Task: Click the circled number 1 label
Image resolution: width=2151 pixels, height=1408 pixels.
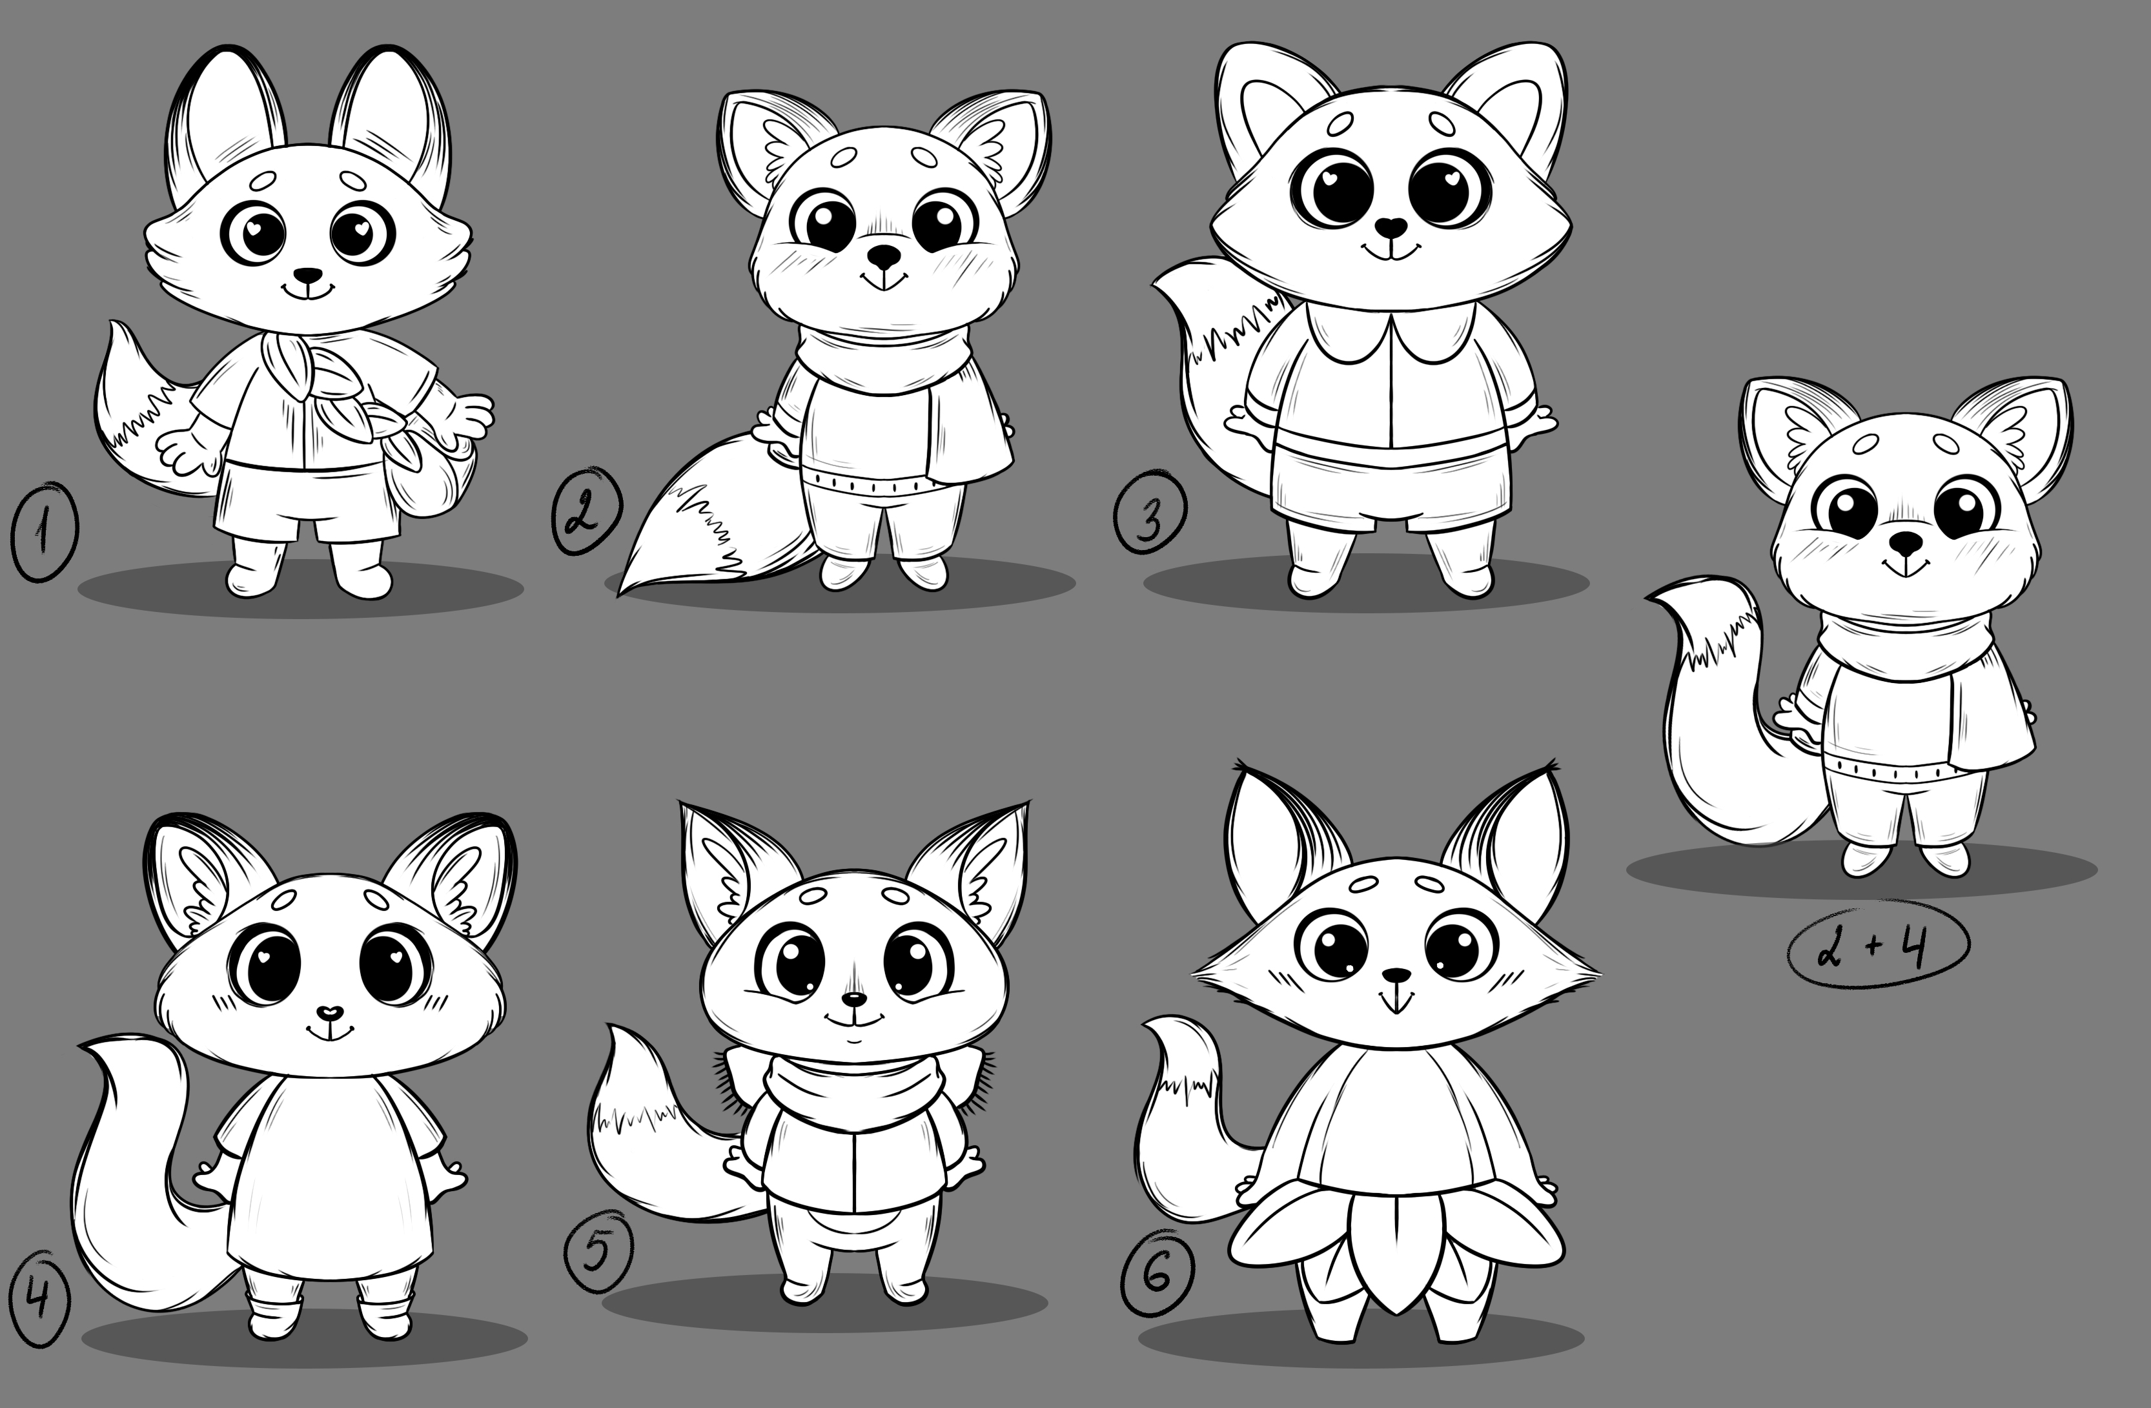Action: tap(43, 533)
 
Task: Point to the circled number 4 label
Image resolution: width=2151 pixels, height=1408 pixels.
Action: tap(38, 1300)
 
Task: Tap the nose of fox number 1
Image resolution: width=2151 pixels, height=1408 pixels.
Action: tap(308, 274)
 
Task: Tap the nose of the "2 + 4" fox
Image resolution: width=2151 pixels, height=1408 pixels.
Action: tap(1908, 542)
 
